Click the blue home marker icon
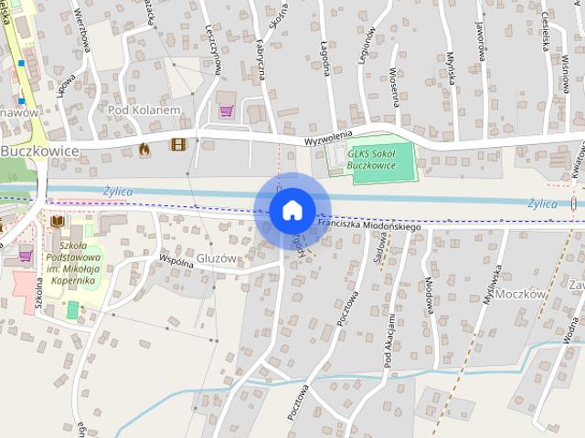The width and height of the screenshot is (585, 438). click(x=292, y=211)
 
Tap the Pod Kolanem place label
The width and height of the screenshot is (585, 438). click(x=144, y=109)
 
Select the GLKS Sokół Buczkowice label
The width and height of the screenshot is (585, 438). click(x=370, y=160)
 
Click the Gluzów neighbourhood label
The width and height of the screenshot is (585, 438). click(x=217, y=258)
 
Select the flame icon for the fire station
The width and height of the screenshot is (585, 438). click(x=144, y=148)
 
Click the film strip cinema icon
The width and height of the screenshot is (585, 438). click(x=177, y=144)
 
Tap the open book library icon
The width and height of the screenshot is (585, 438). click(x=58, y=222)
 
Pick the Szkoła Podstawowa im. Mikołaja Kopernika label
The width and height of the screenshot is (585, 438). click(x=78, y=263)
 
